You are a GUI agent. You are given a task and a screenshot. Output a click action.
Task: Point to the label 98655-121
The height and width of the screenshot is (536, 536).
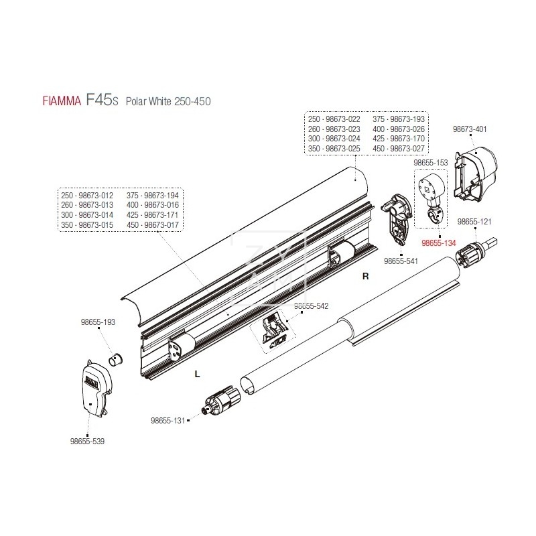point(474,221)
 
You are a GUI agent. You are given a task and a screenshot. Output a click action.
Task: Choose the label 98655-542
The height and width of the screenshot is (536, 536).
point(312,306)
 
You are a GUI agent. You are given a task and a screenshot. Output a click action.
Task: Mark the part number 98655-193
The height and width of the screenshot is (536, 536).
point(99,322)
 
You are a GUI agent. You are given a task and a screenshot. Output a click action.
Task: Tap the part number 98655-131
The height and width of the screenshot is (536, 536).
point(167,421)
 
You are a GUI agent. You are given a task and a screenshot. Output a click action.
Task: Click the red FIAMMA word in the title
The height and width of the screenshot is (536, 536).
point(60,102)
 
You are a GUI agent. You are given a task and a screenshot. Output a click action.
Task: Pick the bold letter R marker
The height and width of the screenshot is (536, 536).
point(365,275)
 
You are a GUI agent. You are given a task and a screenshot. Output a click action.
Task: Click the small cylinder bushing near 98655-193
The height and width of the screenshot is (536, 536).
point(117,356)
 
